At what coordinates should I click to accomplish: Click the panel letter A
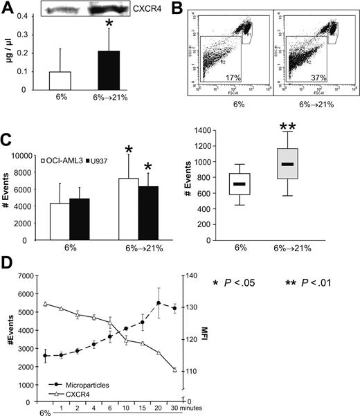(8, 8)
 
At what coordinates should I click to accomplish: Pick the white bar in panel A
(60, 80)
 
